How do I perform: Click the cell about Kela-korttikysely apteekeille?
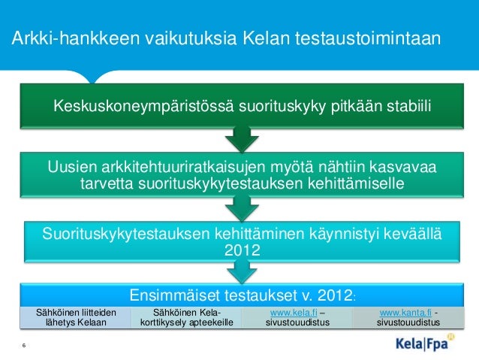(x=186, y=317)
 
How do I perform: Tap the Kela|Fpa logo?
(x=424, y=345)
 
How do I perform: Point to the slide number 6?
(x=24, y=345)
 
